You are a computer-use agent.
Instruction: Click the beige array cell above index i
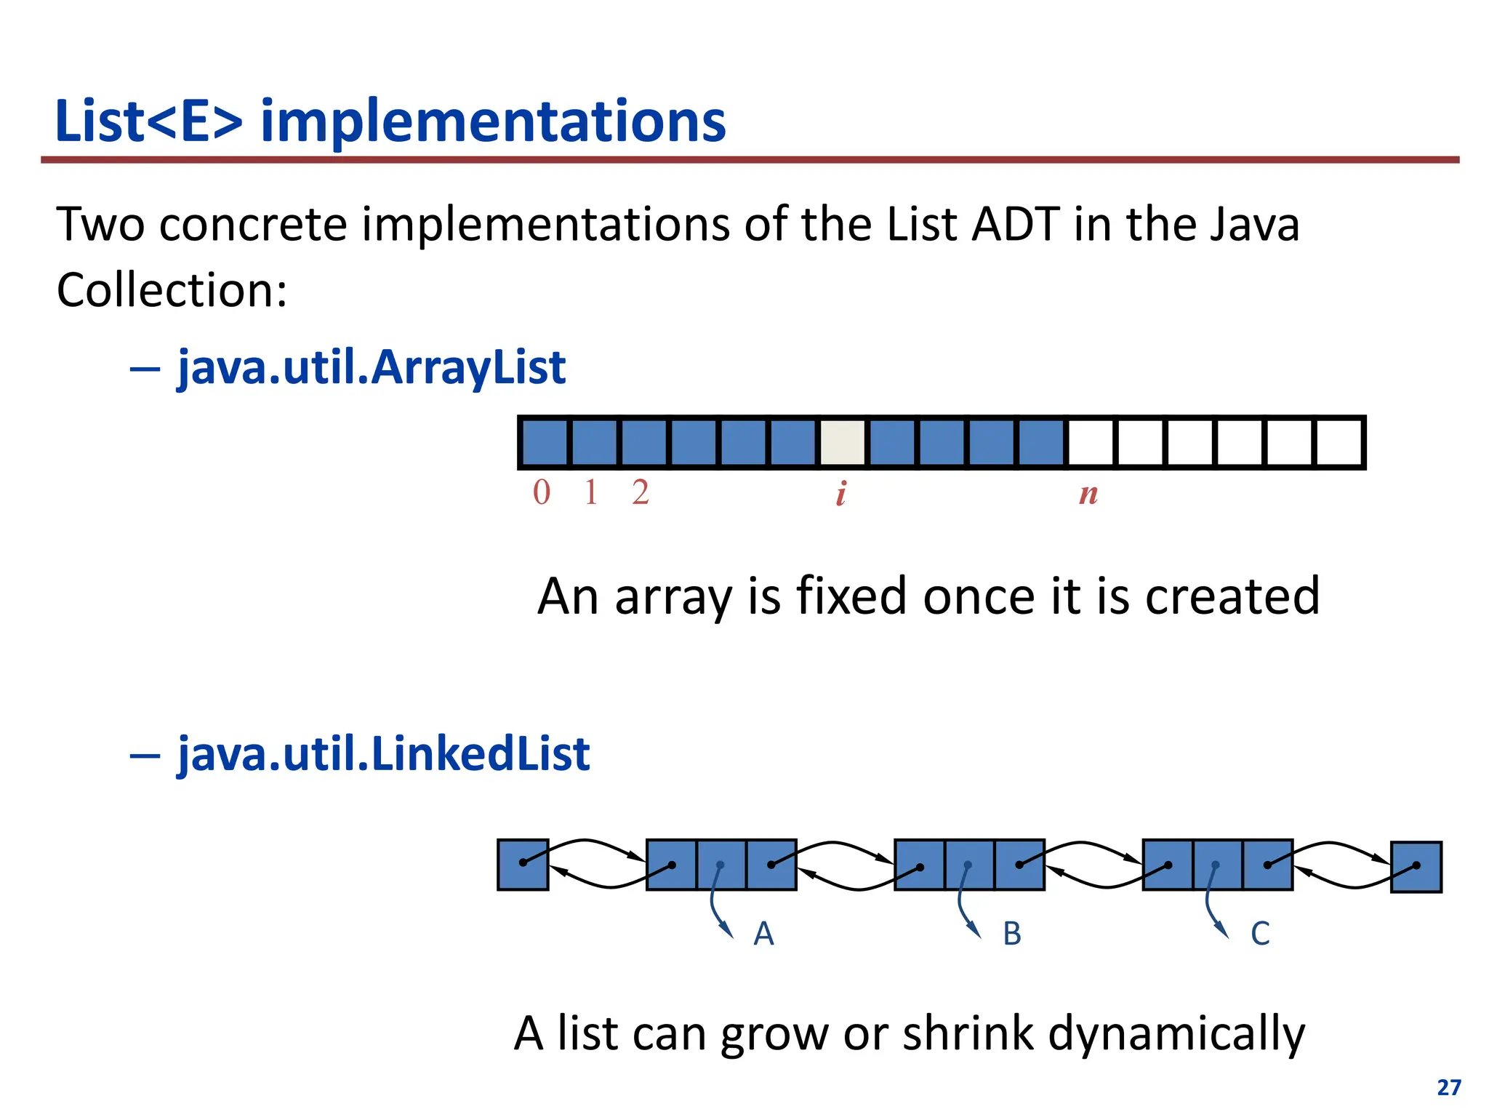click(x=843, y=443)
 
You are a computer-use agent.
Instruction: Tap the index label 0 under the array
click(x=542, y=493)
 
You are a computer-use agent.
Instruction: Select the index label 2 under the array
click(x=640, y=493)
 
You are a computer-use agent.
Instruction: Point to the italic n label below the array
click(x=1088, y=494)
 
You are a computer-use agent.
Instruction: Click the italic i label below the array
click(x=841, y=494)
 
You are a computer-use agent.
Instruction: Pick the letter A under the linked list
click(x=763, y=934)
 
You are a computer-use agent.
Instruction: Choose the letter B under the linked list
click(x=1012, y=934)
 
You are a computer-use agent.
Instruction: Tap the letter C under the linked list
click(x=1260, y=934)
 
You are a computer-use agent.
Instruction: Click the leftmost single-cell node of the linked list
click(x=523, y=865)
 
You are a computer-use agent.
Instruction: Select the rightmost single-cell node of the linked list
click(x=1416, y=867)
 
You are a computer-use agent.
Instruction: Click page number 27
click(x=1448, y=1088)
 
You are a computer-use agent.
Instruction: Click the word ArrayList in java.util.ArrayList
click(x=468, y=367)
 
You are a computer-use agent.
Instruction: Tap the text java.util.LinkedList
click(x=383, y=753)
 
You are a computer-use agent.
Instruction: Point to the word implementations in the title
click(x=493, y=121)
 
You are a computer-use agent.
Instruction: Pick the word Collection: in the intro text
click(x=172, y=290)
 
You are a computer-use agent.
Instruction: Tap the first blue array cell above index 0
click(x=545, y=443)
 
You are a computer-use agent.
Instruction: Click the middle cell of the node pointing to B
click(x=969, y=865)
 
